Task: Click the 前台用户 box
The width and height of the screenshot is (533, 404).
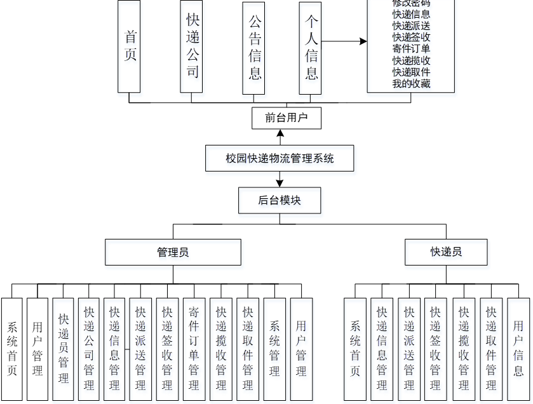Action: [x=285, y=118]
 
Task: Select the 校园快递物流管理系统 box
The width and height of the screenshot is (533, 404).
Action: [x=280, y=158]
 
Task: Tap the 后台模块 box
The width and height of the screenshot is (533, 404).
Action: [x=280, y=200]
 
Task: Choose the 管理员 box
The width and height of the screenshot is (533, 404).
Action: [x=173, y=252]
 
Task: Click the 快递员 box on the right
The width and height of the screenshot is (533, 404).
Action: [x=446, y=252]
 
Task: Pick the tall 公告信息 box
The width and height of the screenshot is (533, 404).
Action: [x=253, y=48]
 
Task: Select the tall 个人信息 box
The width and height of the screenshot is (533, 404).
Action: [x=310, y=48]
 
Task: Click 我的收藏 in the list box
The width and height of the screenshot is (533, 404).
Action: [x=411, y=83]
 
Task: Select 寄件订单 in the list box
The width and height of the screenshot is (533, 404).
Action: [x=411, y=49]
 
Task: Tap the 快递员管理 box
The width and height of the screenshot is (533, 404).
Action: [x=63, y=349]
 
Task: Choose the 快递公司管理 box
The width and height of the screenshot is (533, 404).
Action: [x=89, y=349]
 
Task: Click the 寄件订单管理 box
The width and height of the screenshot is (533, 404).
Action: [x=194, y=349]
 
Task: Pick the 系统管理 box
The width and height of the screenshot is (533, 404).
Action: [x=274, y=349]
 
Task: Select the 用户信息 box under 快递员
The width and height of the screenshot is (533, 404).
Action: [x=518, y=349]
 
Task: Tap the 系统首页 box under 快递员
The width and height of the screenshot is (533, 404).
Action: [x=354, y=349]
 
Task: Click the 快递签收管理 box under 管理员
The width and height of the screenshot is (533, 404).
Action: [x=167, y=349]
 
